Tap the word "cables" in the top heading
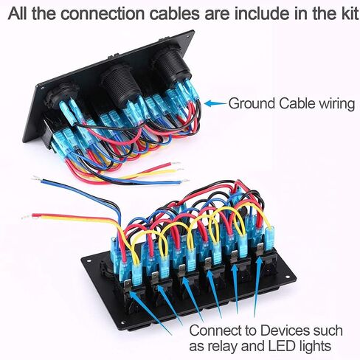[x=175, y=14]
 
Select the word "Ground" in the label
[x=252, y=104]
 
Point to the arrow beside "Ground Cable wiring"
[x=215, y=103]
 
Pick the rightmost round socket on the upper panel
[x=171, y=66]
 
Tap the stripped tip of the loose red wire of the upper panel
[x=176, y=163]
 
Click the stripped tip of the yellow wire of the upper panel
[x=180, y=170]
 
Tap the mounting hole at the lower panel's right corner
[x=288, y=277]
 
